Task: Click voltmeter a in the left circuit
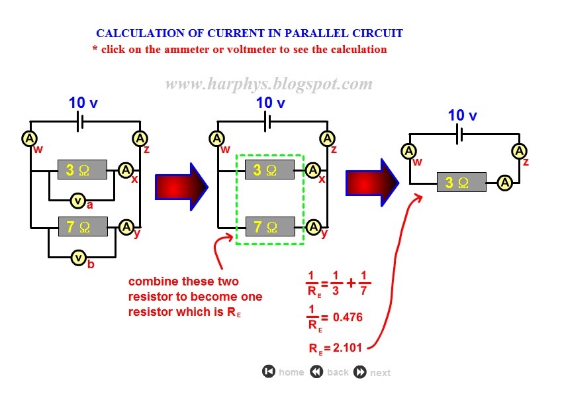pyautogui.click(x=78, y=200)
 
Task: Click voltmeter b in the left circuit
pyautogui.click(x=78, y=257)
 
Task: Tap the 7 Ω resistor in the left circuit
pyautogui.click(x=83, y=227)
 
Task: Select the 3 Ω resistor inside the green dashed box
pyautogui.click(x=269, y=170)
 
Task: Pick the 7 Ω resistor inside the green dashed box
pyautogui.click(x=269, y=227)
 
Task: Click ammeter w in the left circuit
pyautogui.click(x=29, y=138)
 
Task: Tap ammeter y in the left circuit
pyautogui.click(x=126, y=227)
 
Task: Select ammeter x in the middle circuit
pyautogui.click(x=313, y=170)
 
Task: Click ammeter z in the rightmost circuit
pyautogui.click(x=520, y=152)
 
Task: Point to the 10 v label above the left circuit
pyautogui.click(x=83, y=103)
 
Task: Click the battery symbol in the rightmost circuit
pyautogui.click(x=459, y=135)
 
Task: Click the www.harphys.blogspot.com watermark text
pyautogui.click(x=268, y=84)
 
